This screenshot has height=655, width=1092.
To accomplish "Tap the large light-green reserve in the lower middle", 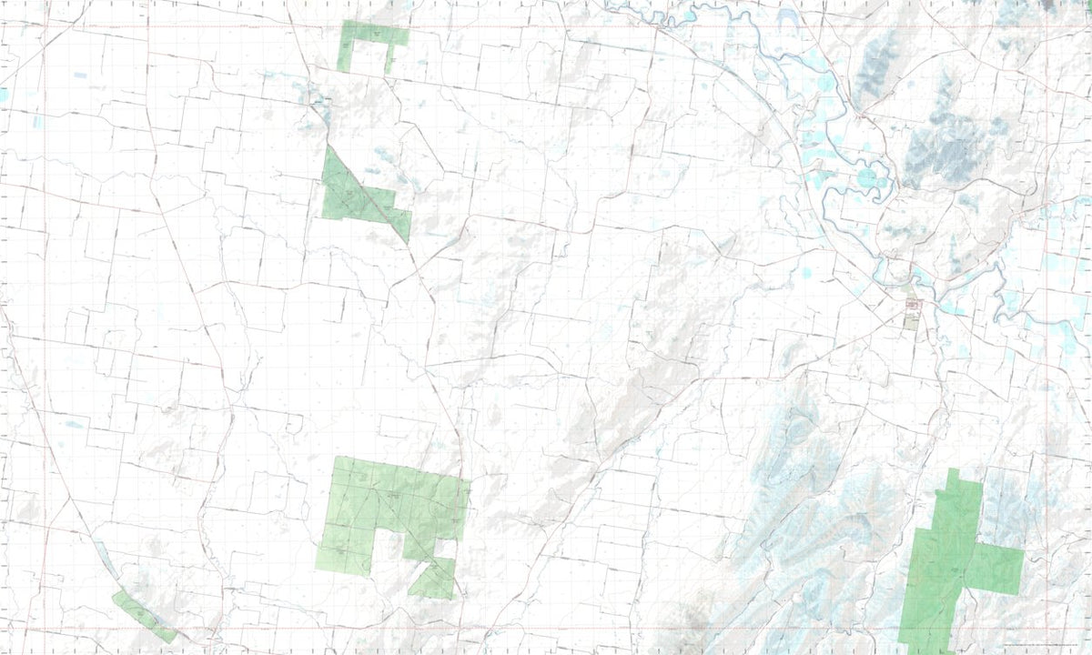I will click(x=382, y=505).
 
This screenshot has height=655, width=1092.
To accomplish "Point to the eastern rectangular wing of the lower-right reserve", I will click(x=996, y=569).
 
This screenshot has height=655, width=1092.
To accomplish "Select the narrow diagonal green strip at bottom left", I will click(x=144, y=616).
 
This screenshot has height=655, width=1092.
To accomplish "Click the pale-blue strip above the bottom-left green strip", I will click(x=105, y=559).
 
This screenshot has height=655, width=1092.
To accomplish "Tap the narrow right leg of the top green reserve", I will click(x=389, y=60).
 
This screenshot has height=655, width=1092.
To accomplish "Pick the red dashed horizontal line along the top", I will click(x=546, y=26).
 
